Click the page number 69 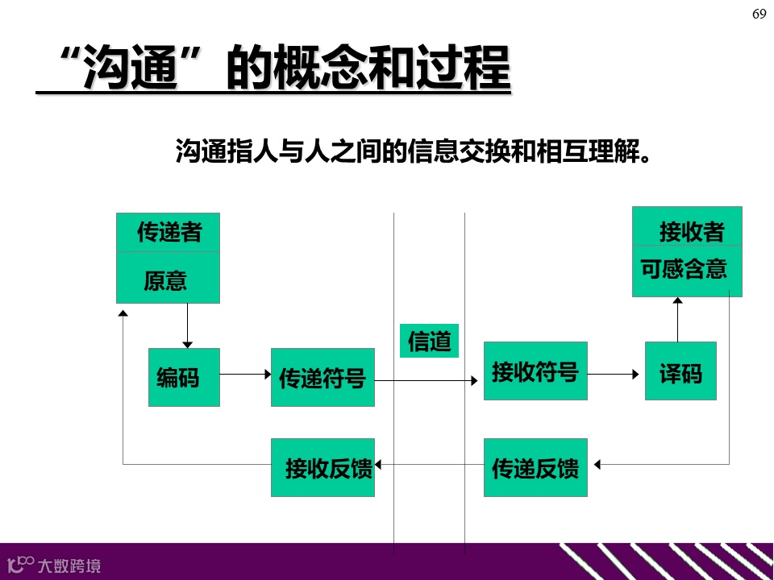click(759, 14)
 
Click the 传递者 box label click(169, 233)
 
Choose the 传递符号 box click(322, 377)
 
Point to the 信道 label click(429, 341)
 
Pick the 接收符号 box click(535, 371)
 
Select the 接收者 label click(691, 233)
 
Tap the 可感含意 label click(685, 269)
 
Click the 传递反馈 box click(535, 467)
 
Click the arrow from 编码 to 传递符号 click(245, 374)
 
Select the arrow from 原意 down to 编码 click(187, 325)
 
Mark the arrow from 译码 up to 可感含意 click(677, 319)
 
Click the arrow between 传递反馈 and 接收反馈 click(429, 464)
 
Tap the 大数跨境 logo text click(69, 565)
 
